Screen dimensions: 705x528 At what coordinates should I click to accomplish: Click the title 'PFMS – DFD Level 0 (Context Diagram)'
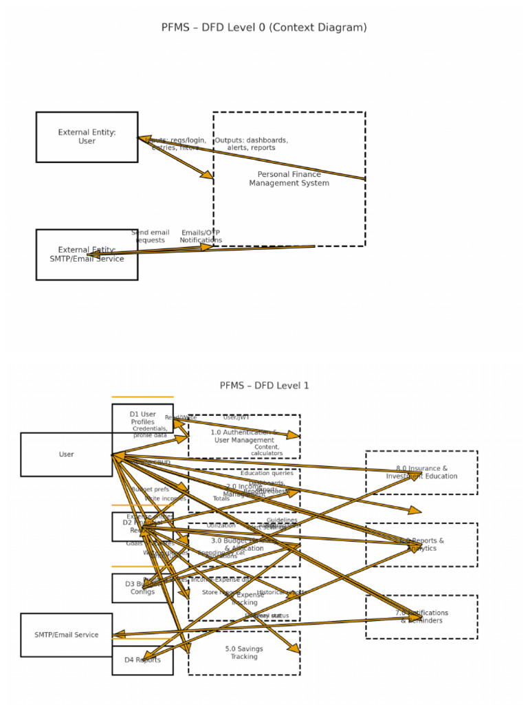click(264, 28)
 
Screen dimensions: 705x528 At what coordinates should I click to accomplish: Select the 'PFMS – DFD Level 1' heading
click(264, 386)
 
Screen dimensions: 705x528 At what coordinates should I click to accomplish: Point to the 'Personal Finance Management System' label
click(289, 179)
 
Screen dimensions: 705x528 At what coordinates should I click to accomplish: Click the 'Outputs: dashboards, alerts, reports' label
click(252, 144)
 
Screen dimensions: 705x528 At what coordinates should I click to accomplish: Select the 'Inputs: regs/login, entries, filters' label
click(175, 144)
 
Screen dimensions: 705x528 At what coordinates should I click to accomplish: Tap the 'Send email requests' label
click(150, 236)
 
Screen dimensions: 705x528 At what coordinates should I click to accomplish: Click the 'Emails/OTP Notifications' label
click(200, 236)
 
